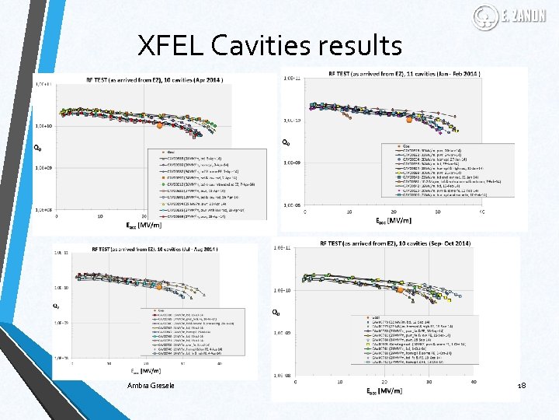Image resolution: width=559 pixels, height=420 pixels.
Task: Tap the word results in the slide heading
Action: tap(359, 47)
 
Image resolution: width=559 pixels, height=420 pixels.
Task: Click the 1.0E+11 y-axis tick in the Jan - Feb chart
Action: tap(293, 78)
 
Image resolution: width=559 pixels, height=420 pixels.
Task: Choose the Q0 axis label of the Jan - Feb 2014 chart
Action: tap(286, 142)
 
